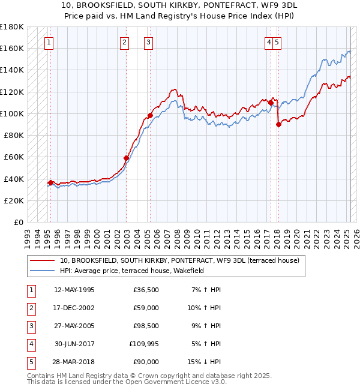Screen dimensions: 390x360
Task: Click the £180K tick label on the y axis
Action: pyautogui.click(x=12, y=26)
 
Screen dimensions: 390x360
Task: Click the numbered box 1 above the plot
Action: pyautogui.click(x=48, y=42)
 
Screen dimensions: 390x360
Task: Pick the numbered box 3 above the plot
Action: pyautogui.click(x=148, y=42)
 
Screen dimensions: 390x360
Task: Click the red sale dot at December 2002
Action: pyautogui.click(x=127, y=158)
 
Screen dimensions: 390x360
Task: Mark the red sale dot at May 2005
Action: pyautogui.click(x=150, y=115)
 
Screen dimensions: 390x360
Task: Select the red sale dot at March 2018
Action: pyautogui.click(x=278, y=125)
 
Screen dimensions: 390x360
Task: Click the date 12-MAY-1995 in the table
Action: pyautogui.click(x=74, y=290)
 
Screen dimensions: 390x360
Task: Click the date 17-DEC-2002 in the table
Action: pyautogui.click(x=74, y=308)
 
